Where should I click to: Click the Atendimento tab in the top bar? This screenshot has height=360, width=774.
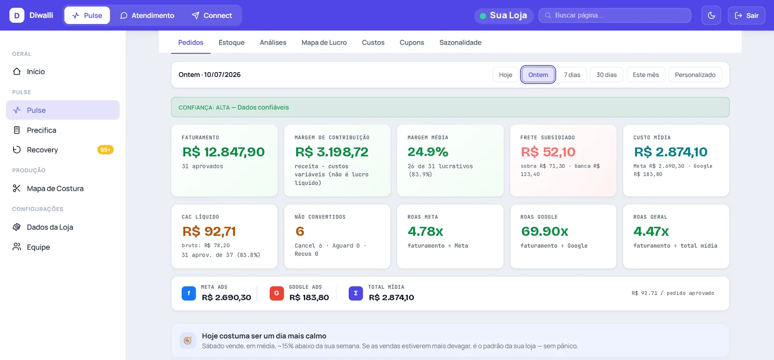[147, 15]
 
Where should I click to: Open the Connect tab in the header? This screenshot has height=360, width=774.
[211, 15]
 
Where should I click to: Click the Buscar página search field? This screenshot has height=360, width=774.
[615, 15]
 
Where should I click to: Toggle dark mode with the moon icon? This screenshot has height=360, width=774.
[711, 15]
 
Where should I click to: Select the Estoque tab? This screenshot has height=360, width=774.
[232, 43]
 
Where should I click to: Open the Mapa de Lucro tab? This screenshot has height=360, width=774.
[324, 43]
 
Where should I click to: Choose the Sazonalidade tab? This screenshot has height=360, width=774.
[460, 43]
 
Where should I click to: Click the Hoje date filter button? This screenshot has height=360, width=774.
[506, 75]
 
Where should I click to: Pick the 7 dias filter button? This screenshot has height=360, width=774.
[572, 75]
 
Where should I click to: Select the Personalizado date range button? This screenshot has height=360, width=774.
[695, 75]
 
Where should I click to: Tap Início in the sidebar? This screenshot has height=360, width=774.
[36, 72]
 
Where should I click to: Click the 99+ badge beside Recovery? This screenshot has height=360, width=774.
[105, 150]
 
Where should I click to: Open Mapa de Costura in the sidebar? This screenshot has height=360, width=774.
[55, 188]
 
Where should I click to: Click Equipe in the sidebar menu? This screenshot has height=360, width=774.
[38, 247]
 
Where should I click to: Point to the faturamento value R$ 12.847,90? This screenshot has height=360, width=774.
[223, 152]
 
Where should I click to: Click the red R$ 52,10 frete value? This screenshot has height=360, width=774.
[548, 152]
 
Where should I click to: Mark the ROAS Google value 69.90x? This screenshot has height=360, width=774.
[545, 231]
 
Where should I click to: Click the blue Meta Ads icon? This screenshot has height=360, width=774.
[189, 293]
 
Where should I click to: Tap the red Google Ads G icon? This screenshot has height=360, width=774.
[276, 293]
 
